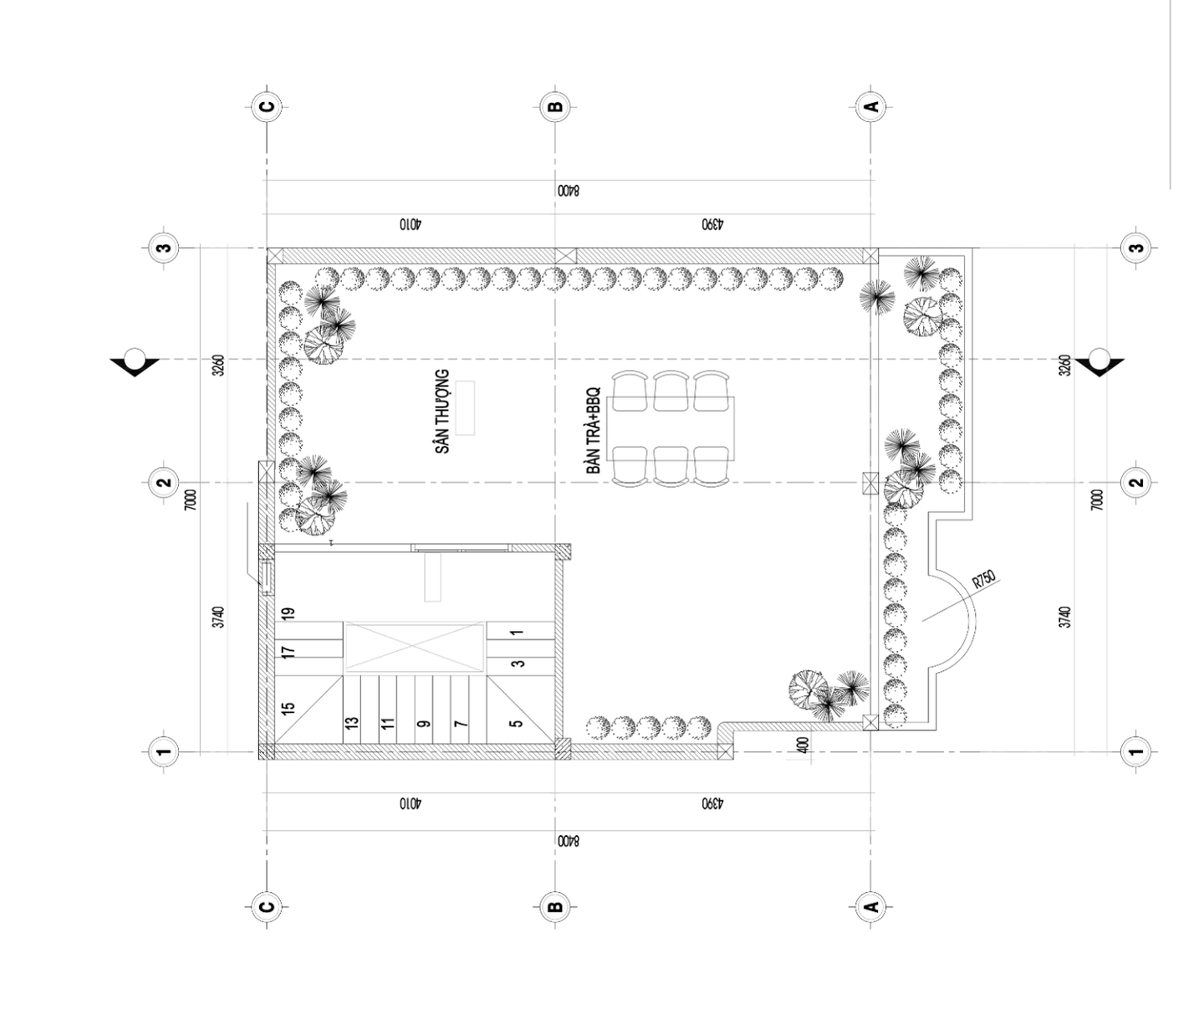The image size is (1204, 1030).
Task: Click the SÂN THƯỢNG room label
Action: coord(442,411)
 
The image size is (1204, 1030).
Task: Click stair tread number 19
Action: coord(288,613)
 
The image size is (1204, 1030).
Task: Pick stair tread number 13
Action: coord(351,723)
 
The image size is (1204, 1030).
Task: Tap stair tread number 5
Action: coord(516,724)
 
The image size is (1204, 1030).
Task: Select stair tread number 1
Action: coord(518,632)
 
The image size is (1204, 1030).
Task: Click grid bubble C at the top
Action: coord(267,106)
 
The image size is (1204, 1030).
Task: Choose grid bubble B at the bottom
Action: coord(554,906)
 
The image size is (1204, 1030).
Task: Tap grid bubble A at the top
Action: coord(871,106)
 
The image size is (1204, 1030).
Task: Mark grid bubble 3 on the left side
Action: coord(164,248)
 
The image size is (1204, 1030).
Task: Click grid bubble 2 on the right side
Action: coord(1137,482)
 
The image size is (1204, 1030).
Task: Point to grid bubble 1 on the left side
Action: coord(164,751)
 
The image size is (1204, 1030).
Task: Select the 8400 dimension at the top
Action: coord(568,191)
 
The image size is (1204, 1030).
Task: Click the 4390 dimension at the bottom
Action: coord(712,804)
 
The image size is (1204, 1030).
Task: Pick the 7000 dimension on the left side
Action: coord(191,500)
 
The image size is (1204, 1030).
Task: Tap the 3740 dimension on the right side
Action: coord(1064,617)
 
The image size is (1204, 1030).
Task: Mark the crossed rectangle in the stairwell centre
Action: coord(414,647)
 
